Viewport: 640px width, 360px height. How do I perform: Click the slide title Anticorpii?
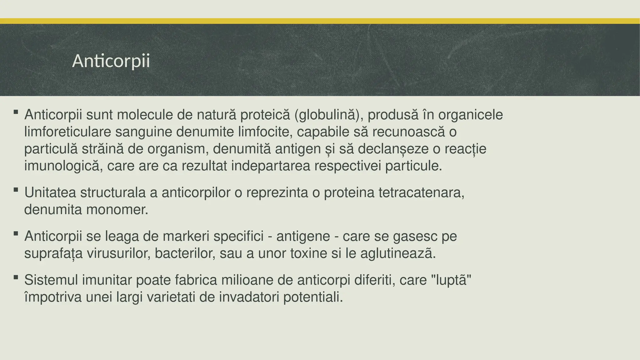pyautogui.click(x=111, y=61)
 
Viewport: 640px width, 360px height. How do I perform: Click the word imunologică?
pyautogui.click(x=63, y=166)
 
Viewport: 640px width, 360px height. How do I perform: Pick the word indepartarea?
pyautogui.click(x=271, y=166)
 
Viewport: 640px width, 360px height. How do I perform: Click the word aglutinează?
pyautogui.click(x=398, y=253)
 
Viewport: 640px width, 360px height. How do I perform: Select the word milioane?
pyautogui.click(x=247, y=280)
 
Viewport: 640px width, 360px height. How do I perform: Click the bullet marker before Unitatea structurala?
pyautogui.click(x=16, y=189)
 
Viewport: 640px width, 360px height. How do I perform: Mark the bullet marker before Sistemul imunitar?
pyautogui.click(x=16, y=277)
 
